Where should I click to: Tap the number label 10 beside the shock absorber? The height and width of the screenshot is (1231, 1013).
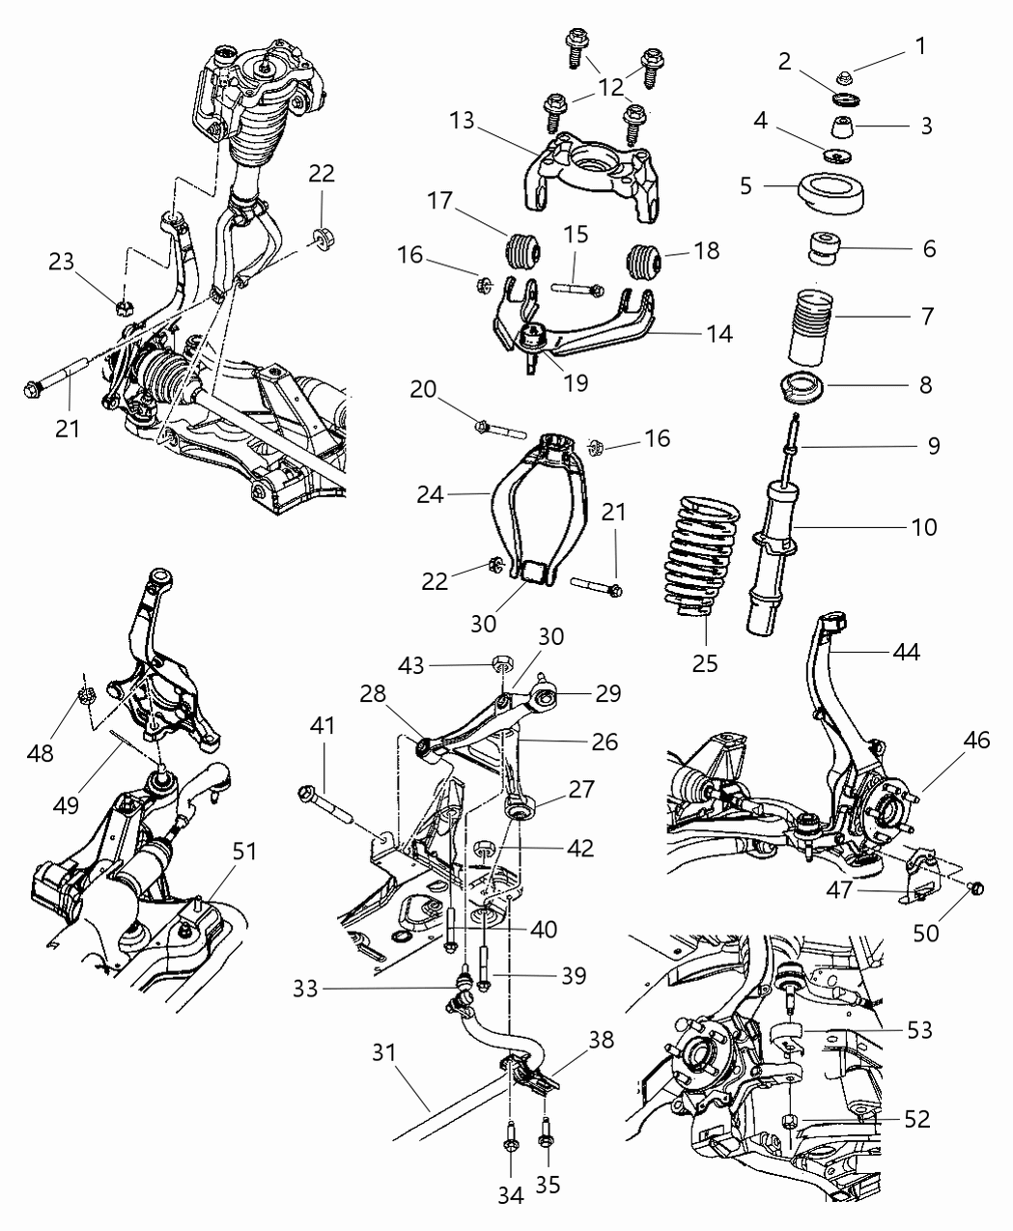point(923,527)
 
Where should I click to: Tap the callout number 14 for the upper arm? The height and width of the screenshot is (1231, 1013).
point(718,335)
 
